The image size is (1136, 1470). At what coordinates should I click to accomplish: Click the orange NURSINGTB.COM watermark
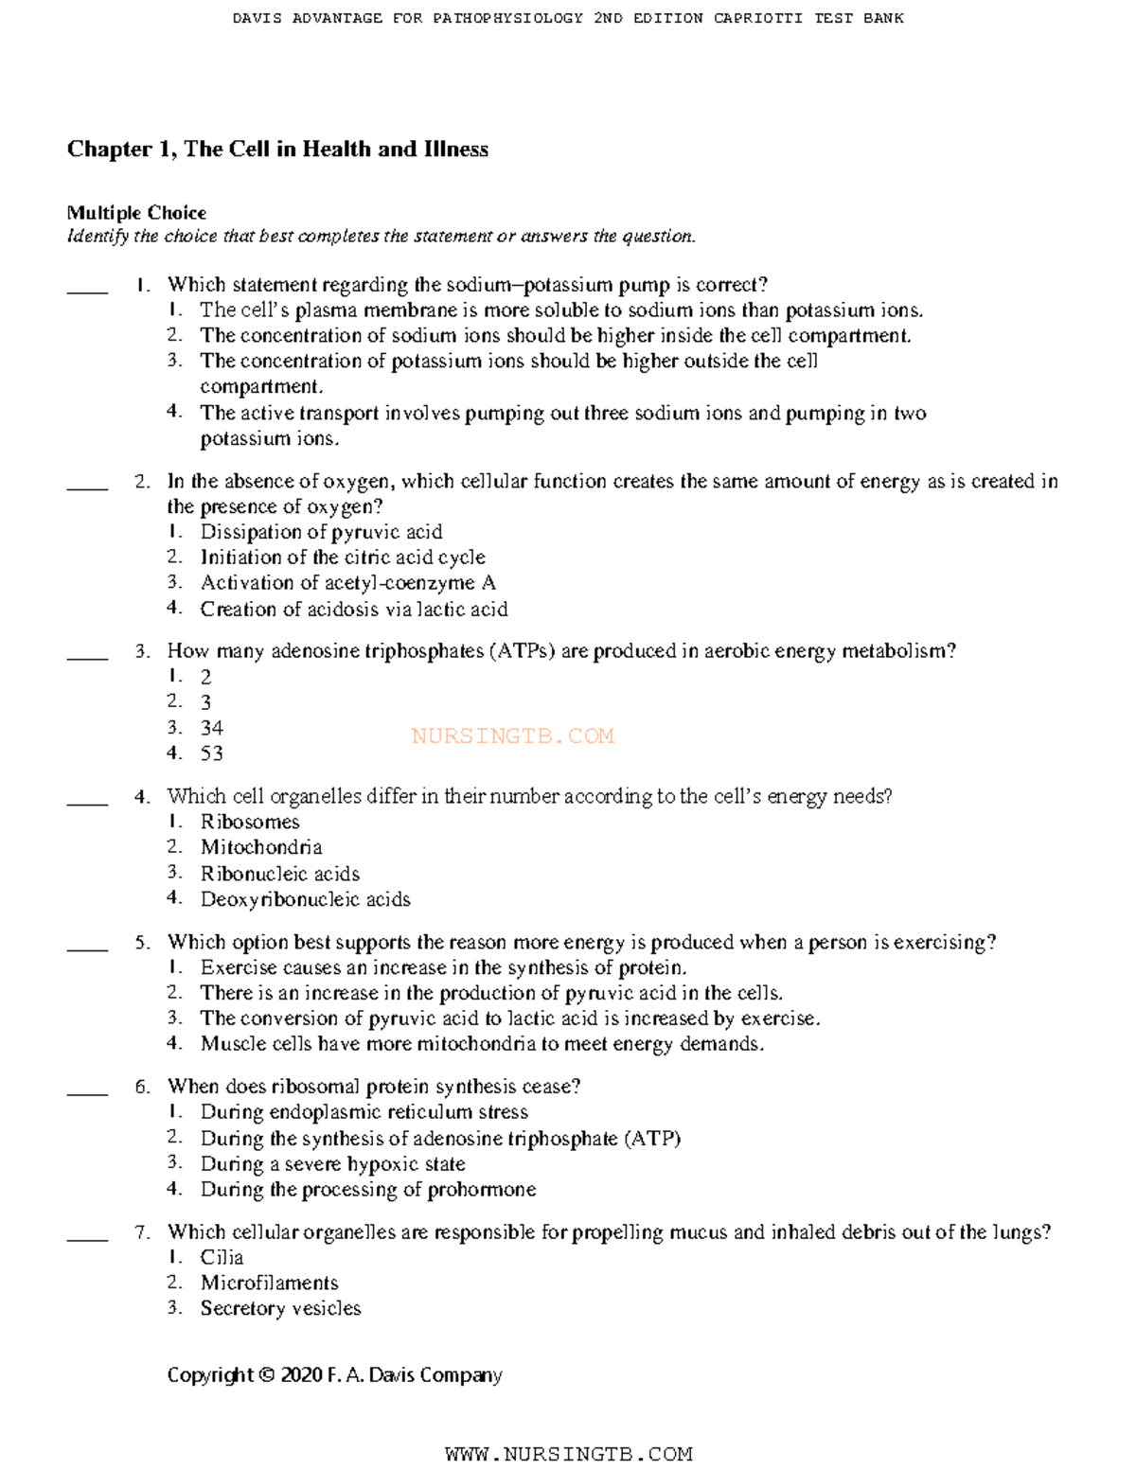coord(513,735)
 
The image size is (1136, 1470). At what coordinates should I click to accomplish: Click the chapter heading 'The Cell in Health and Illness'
coord(336,150)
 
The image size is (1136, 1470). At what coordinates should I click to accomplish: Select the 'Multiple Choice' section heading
coord(136,213)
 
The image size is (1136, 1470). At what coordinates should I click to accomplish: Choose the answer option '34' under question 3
coord(212,728)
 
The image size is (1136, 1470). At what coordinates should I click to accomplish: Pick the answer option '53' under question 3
coord(212,753)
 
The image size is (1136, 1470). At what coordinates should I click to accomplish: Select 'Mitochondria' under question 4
coord(261,847)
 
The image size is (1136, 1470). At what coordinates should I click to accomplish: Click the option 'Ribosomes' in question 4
coord(250,822)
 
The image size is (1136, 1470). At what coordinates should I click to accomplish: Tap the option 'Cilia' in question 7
coord(222,1257)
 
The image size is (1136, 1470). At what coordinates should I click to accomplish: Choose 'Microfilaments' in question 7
coord(269,1283)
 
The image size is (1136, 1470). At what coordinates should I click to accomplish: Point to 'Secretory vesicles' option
coord(280,1308)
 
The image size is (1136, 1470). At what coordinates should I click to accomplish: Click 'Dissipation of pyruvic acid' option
coord(321,532)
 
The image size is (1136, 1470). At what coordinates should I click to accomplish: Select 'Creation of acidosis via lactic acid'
coord(354,609)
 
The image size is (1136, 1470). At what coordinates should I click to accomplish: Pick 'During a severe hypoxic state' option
coord(332,1163)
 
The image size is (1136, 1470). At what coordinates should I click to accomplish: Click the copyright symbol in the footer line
coord(267,1375)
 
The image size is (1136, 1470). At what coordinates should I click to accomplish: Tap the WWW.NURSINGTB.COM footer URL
coord(568,1453)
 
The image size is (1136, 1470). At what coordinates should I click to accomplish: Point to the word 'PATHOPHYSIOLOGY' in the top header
coord(507,18)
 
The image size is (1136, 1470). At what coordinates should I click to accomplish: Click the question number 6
coord(142,1087)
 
